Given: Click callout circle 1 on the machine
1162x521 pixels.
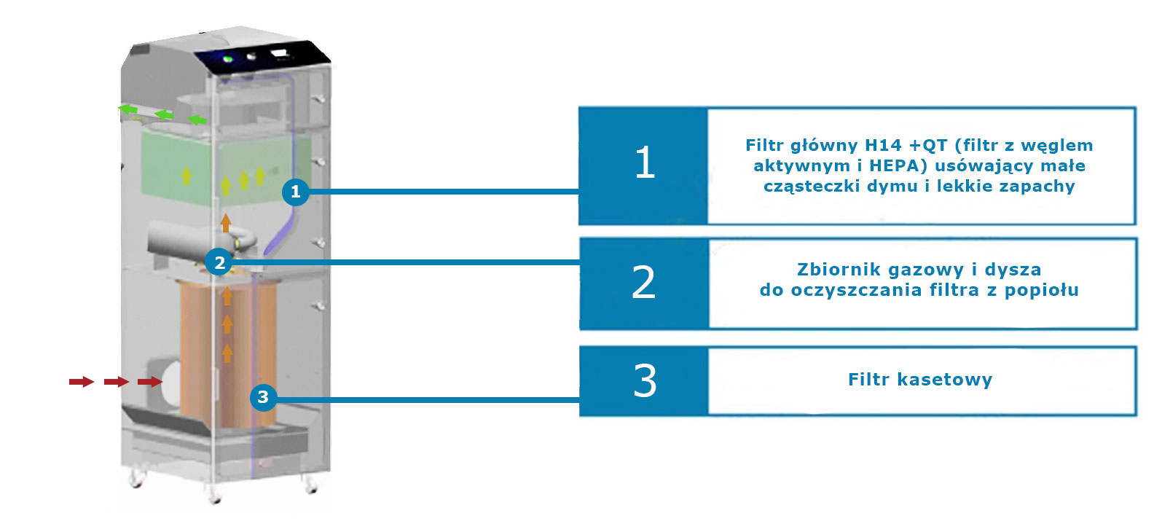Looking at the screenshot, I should [295, 192].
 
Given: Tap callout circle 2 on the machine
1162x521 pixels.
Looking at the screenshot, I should [219, 262].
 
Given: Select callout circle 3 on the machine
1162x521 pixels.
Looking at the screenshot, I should [263, 397].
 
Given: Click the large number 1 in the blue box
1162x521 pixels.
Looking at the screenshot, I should [645, 162].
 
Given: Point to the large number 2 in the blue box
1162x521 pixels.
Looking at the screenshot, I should [643, 283].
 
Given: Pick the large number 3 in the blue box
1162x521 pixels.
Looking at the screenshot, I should [645, 380].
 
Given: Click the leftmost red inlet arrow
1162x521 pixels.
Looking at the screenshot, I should [81, 382].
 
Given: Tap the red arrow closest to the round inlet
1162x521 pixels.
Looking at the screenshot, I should [150, 382].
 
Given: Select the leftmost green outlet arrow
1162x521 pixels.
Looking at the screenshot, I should [128, 109].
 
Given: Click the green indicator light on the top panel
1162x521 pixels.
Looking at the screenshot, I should [228, 58].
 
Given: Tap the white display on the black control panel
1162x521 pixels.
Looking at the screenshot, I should [280, 52].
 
